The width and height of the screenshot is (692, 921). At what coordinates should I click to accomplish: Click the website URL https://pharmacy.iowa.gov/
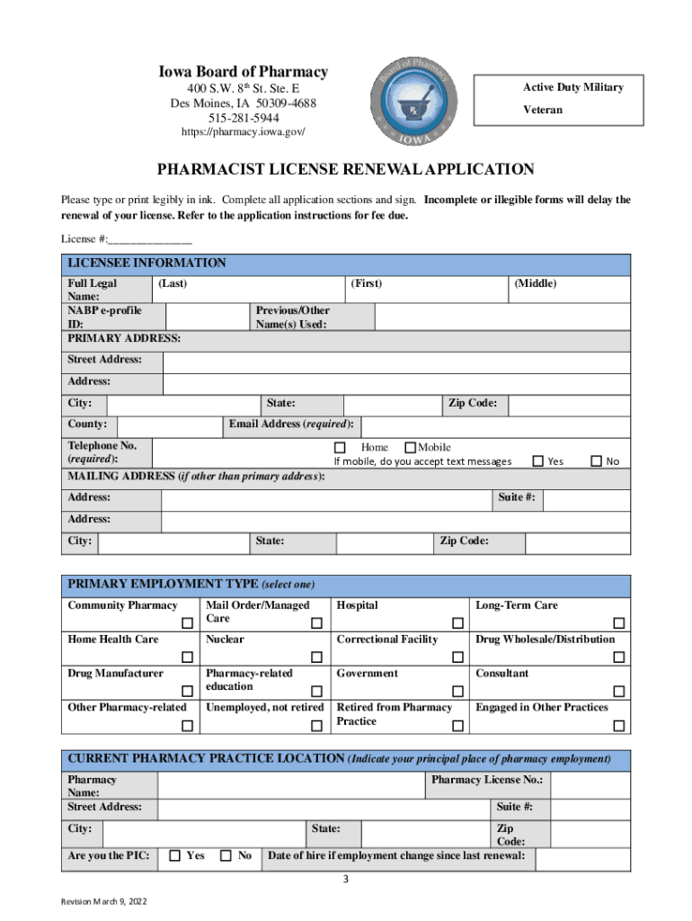(243, 132)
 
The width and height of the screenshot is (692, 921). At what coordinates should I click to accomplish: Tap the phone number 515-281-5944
(244, 118)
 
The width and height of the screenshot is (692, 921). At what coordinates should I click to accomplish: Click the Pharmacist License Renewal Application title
(346, 169)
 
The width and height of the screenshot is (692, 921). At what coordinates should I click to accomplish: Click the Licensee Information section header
(147, 264)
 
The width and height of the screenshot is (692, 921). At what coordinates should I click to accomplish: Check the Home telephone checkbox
(340, 448)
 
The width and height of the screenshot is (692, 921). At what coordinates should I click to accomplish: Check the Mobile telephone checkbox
(411, 448)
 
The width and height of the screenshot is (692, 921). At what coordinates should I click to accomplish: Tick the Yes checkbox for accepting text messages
(538, 461)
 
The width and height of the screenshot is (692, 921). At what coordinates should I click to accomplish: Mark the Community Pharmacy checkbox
(187, 623)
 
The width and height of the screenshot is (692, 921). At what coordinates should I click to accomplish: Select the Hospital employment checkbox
(457, 623)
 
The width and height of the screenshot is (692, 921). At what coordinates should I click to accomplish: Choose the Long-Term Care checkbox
(618, 623)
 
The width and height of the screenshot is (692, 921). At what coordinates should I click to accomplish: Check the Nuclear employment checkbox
(316, 657)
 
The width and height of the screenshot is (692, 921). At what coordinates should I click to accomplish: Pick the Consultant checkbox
(618, 692)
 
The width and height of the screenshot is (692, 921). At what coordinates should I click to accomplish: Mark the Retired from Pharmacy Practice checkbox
(457, 726)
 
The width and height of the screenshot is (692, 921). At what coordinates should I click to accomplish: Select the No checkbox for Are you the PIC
(226, 855)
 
